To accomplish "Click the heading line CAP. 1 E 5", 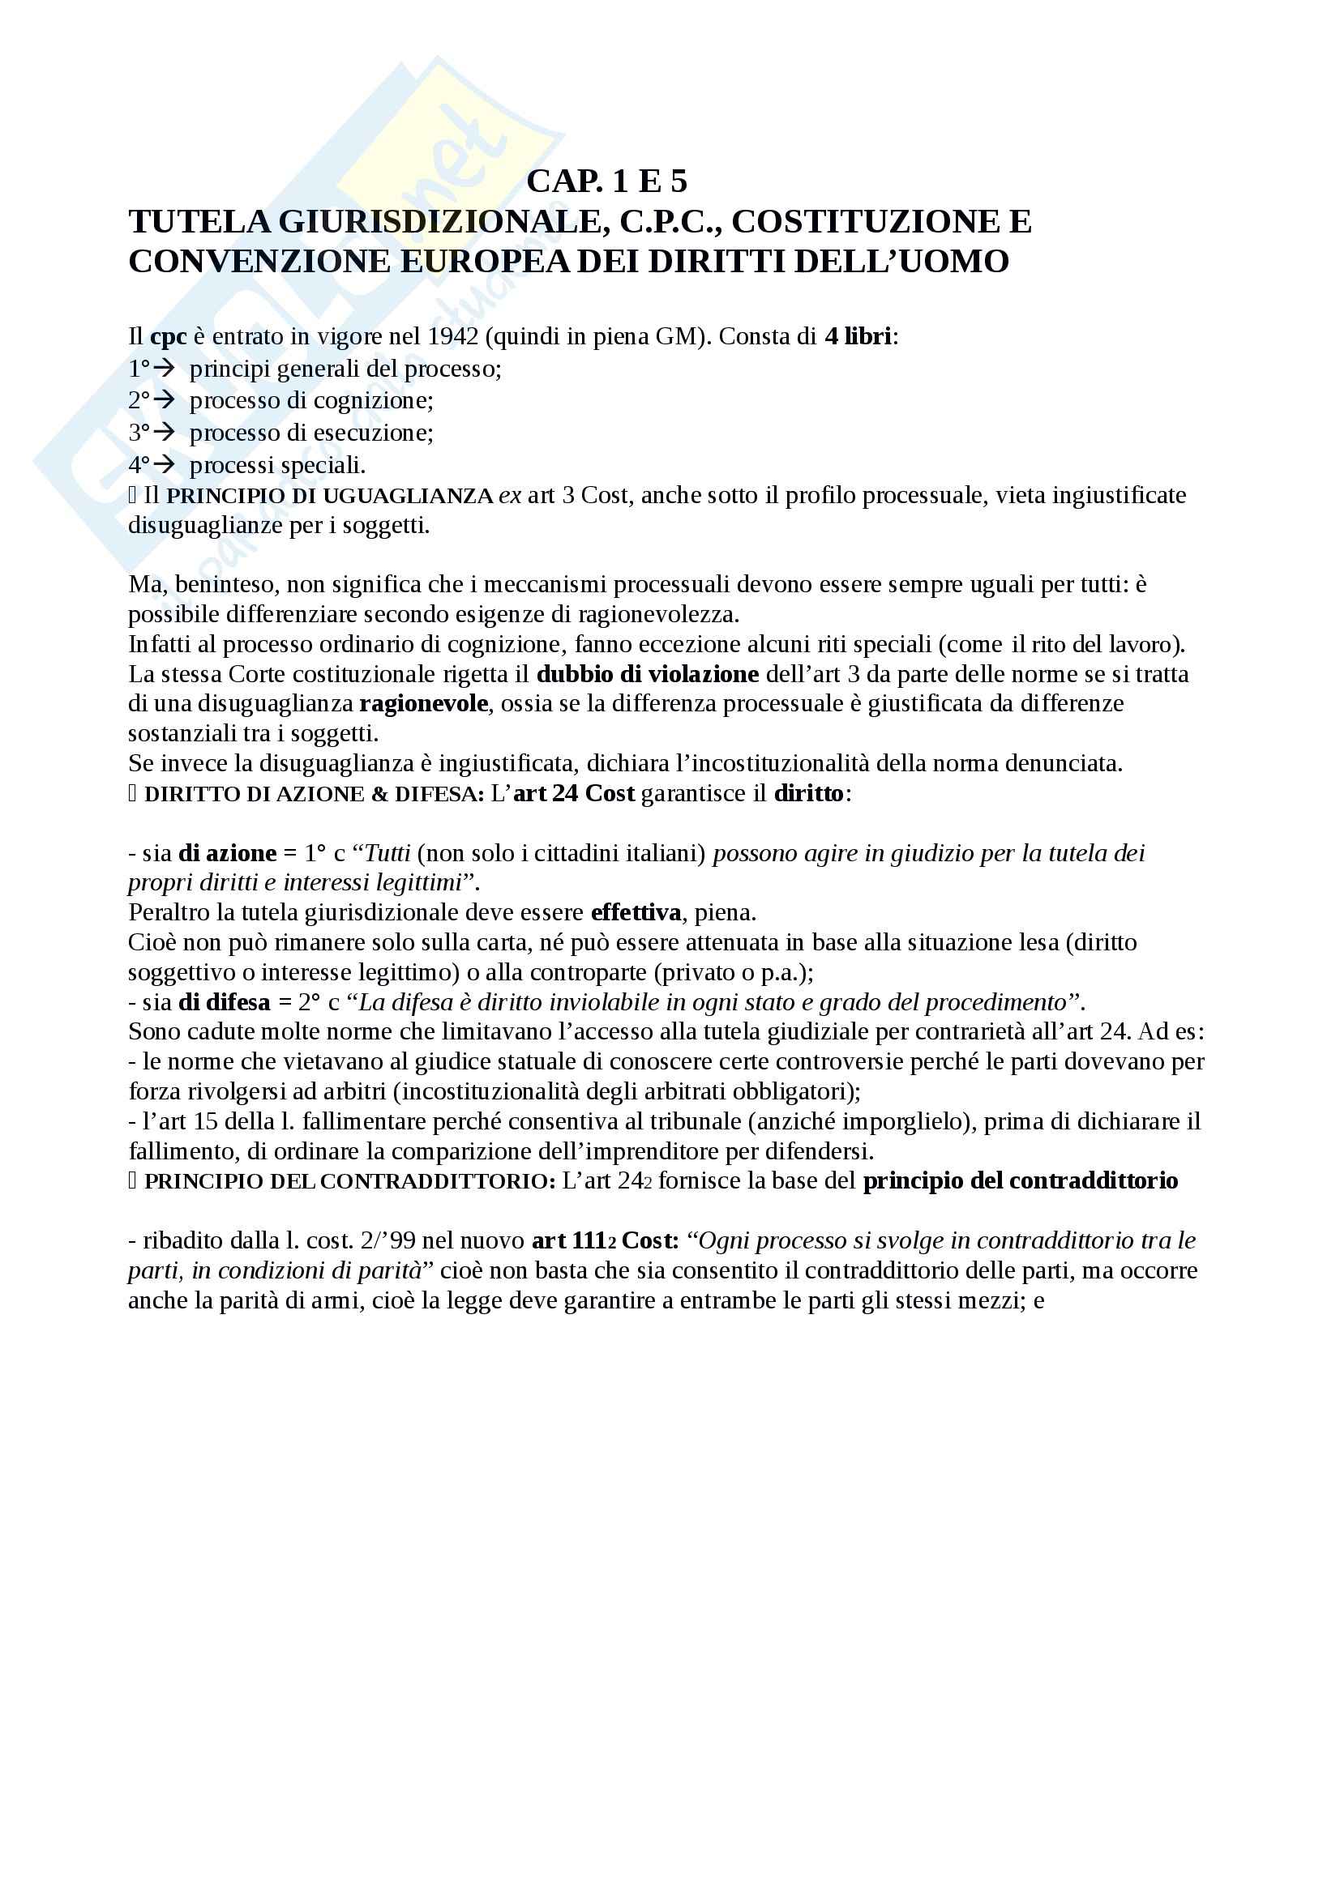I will [607, 181].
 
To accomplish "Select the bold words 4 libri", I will [858, 337].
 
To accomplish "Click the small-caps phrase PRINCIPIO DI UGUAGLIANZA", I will [329, 496].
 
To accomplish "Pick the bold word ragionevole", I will [423, 704].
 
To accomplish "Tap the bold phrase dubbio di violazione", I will [647, 674].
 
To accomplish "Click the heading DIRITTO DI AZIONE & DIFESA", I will [314, 794].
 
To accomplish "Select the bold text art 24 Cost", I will [574, 793].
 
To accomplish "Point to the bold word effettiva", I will [636, 913].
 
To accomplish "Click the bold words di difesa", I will [225, 1002].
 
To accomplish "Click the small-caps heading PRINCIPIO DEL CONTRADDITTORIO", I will [349, 1181].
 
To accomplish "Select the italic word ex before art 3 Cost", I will [509, 496].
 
